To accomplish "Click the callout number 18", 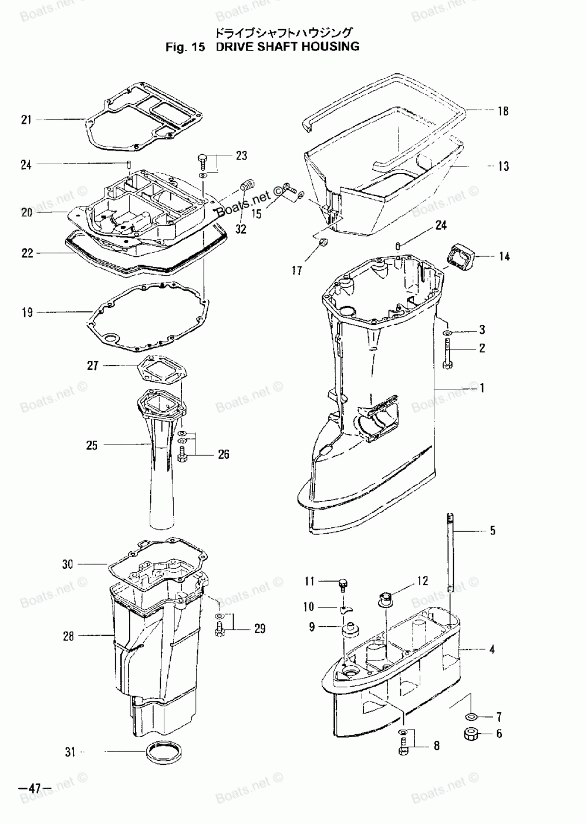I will pyautogui.click(x=502, y=111).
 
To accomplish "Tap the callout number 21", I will pyautogui.click(x=26, y=120).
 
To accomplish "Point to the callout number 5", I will pyautogui.click(x=492, y=531).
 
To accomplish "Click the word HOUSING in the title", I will pyautogui.click(x=328, y=46).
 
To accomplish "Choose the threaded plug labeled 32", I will pyautogui.click(x=247, y=188).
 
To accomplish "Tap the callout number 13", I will pyautogui.click(x=504, y=167).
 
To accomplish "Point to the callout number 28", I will pyautogui.click(x=69, y=635).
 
